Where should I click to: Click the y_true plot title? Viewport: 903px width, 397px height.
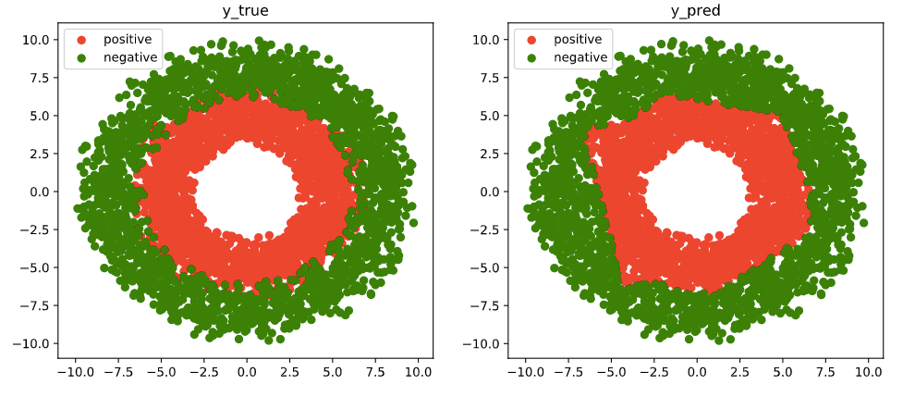click(x=245, y=10)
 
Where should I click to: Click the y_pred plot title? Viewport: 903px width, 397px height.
click(x=696, y=10)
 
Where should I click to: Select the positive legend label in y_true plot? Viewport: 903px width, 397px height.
click(x=127, y=40)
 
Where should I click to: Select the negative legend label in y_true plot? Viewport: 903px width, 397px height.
click(x=130, y=57)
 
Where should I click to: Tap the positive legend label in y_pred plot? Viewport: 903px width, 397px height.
click(x=578, y=40)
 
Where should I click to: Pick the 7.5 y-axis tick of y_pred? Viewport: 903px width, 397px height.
click(x=489, y=78)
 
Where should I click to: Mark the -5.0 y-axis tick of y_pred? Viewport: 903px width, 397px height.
click(x=486, y=267)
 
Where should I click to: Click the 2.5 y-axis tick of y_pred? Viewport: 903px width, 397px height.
click(x=489, y=154)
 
